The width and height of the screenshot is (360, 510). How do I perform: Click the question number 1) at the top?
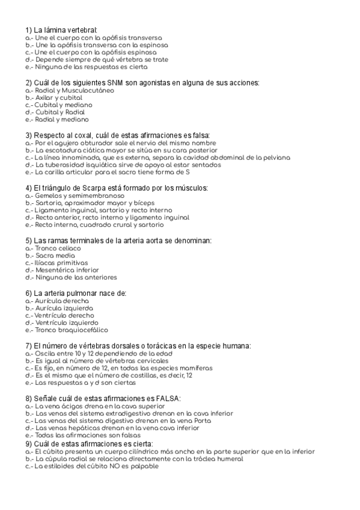pyautogui.click(x=28, y=30)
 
